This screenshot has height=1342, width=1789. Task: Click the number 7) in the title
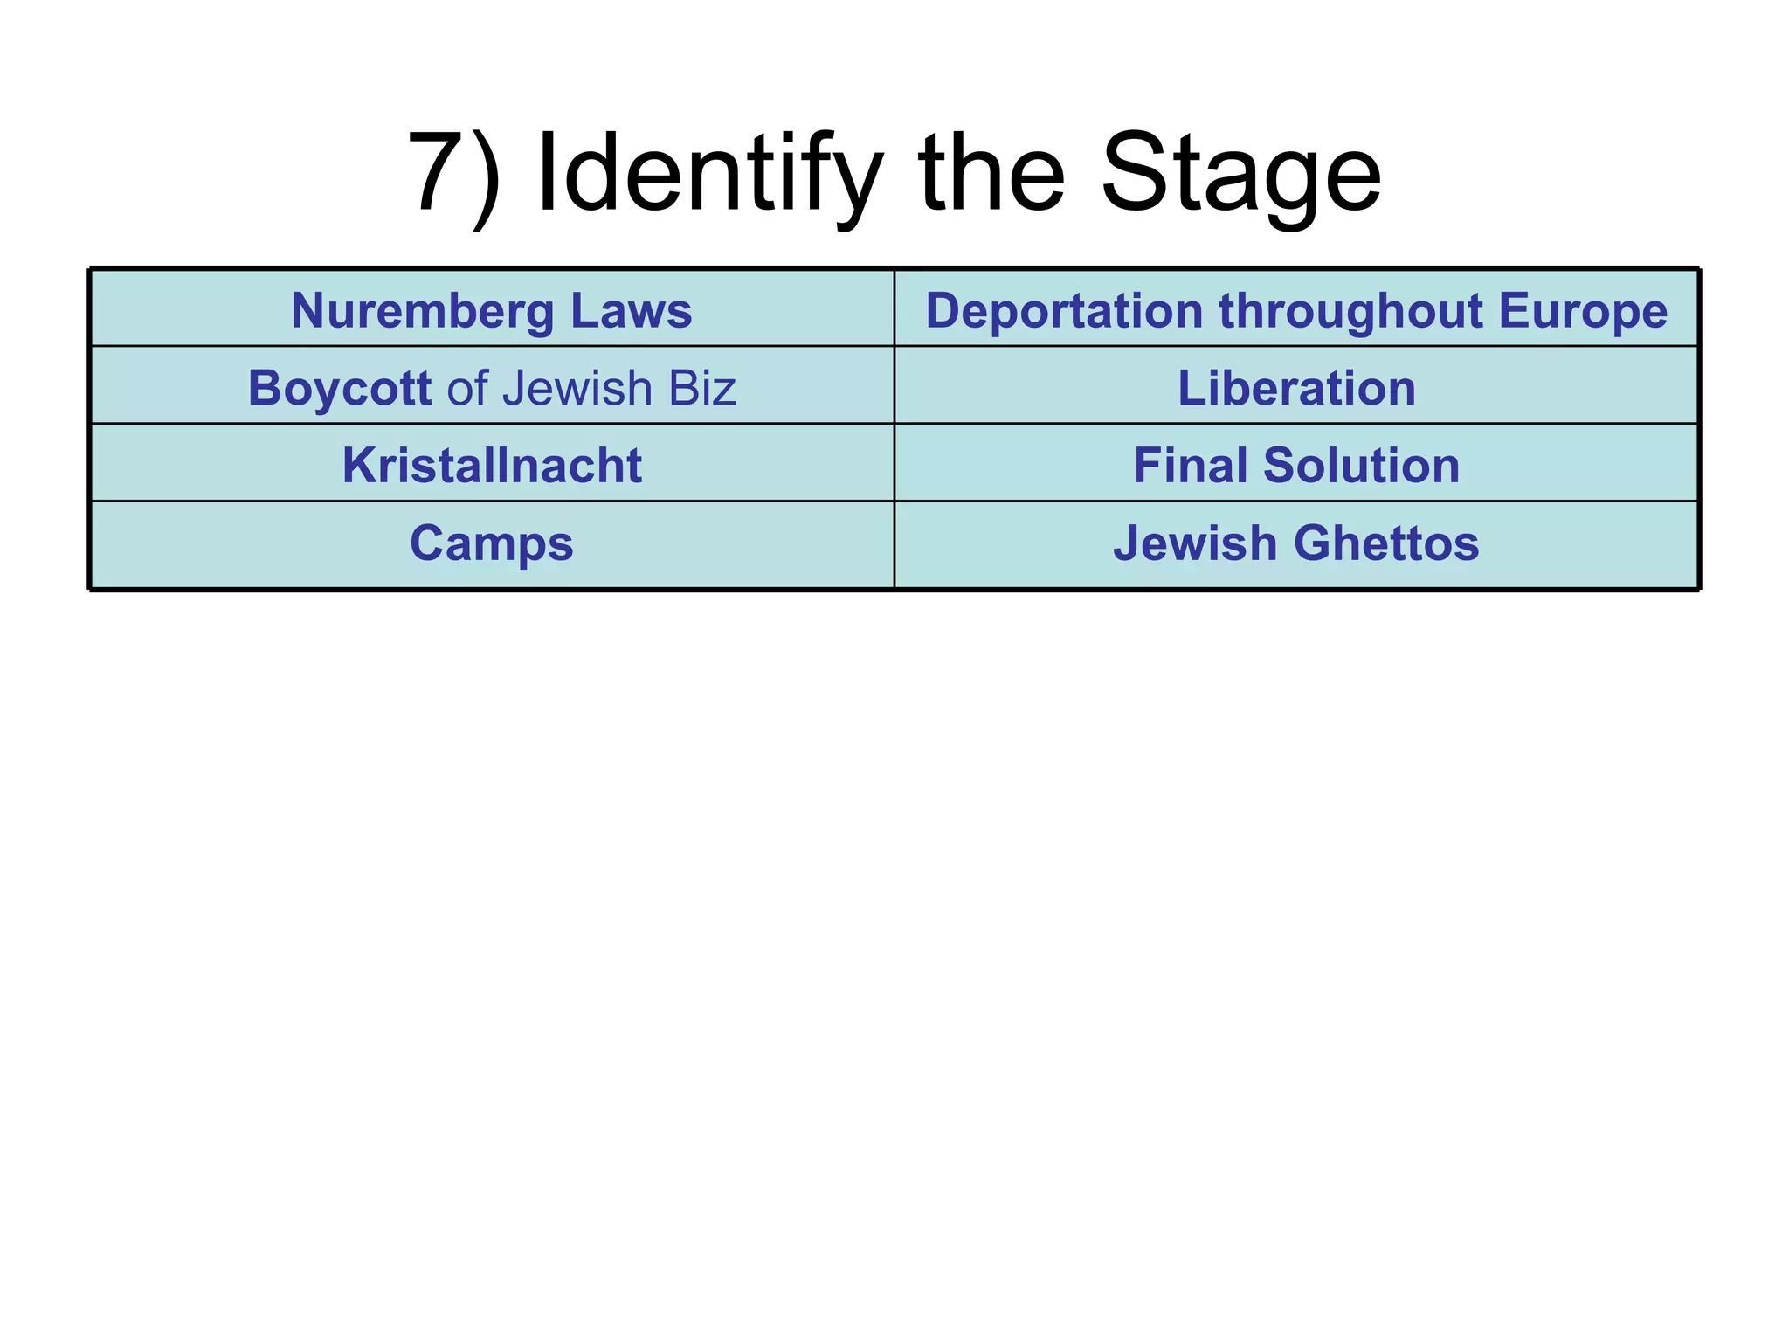[454, 173]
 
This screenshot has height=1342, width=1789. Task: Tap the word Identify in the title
[708, 173]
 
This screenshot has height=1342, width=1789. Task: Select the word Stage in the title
[1240, 173]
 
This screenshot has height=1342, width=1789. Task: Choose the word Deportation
[1064, 310]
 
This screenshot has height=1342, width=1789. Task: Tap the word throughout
[1350, 310]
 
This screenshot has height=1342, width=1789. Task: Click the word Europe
[1583, 310]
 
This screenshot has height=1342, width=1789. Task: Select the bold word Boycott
[339, 388]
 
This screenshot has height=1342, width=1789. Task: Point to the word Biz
[702, 388]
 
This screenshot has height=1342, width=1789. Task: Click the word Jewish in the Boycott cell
[577, 388]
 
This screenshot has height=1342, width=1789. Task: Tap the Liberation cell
[1296, 388]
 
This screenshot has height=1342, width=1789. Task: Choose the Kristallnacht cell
[492, 465]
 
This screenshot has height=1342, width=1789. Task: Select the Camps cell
[492, 543]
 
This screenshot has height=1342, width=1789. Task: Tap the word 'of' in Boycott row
[466, 388]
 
